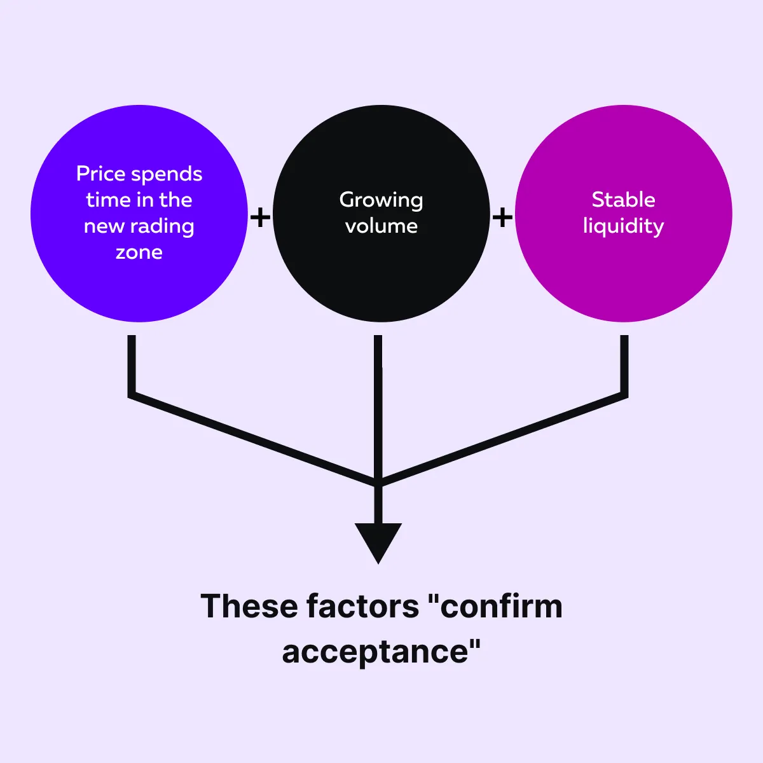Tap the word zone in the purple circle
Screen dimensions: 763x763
point(139,252)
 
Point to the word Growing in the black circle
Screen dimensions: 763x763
point(381,200)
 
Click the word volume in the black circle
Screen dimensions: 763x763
point(381,226)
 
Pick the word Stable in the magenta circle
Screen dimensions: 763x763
point(623,200)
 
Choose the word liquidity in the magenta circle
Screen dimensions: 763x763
point(623,226)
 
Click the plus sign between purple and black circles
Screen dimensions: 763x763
point(260,217)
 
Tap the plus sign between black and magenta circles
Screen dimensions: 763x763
point(502,217)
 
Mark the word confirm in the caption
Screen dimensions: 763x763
point(500,606)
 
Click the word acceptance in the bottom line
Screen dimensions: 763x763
point(375,652)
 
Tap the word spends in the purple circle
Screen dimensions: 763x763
point(170,174)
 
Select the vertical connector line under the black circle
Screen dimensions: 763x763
point(378,407)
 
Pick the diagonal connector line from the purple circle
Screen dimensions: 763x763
point(254,439)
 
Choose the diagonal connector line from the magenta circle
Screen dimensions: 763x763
point(502,439)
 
